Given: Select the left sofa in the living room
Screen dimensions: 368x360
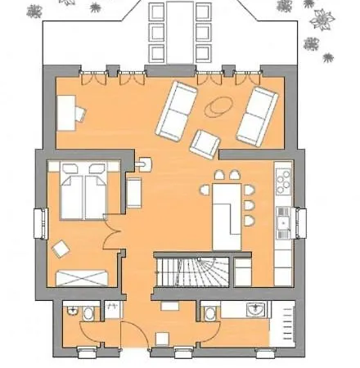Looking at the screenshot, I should (178, 111).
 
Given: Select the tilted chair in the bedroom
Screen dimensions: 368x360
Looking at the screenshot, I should (61, 248).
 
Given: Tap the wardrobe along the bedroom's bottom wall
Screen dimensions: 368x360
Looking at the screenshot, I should (83, 276).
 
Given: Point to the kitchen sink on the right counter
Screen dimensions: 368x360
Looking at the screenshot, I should (282, 219).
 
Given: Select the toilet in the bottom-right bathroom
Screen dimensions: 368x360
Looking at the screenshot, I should (211, 313).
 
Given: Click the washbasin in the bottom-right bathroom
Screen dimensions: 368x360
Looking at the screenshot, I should (255, 310).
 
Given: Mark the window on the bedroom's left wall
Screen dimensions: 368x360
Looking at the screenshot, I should (38, 224).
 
